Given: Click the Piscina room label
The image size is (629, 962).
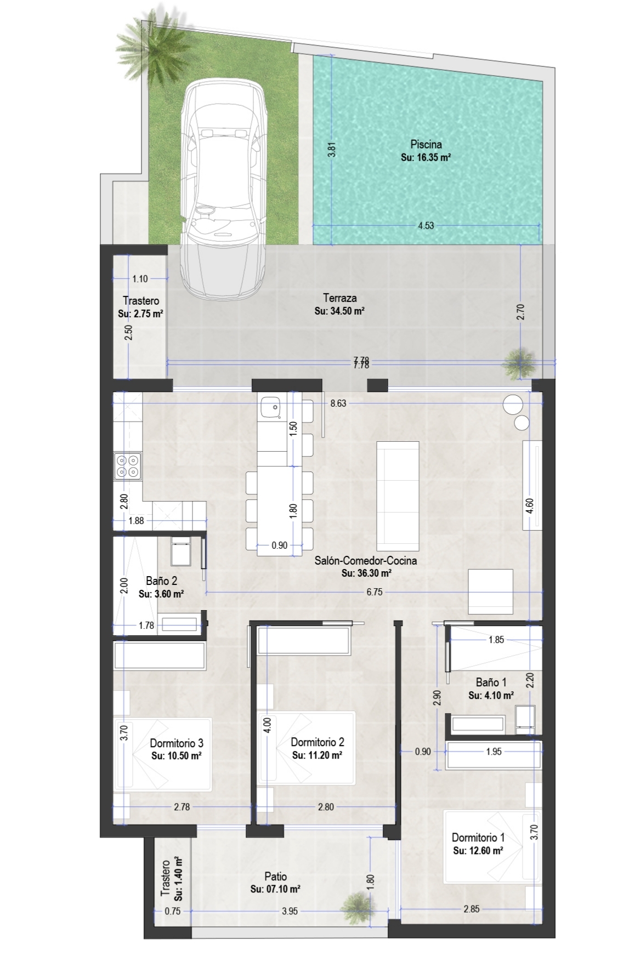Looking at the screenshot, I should point(426,145).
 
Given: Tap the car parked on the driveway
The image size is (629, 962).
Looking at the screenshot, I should point(224,186).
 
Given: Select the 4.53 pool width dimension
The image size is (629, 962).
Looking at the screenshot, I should point(426,225).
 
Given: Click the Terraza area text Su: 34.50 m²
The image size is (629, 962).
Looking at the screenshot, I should point(340,311).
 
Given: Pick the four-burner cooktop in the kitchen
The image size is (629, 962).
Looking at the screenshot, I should point(127,466).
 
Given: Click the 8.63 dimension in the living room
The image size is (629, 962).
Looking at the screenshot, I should point(338,403).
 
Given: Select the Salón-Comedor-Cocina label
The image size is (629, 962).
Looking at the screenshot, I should point(366,561).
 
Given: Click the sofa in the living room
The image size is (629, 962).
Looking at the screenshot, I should point(398,496).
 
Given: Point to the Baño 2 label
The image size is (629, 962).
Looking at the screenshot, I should point(161,581).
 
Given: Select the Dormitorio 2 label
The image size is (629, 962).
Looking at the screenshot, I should point(318,742).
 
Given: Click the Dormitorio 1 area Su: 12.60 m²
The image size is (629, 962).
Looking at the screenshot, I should point(478,851).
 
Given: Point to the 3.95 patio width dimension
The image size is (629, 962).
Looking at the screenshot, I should point(290,911).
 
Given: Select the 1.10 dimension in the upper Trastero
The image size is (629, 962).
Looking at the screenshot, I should point(140,278).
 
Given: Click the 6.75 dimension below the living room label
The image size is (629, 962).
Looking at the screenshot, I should point(374,592).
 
